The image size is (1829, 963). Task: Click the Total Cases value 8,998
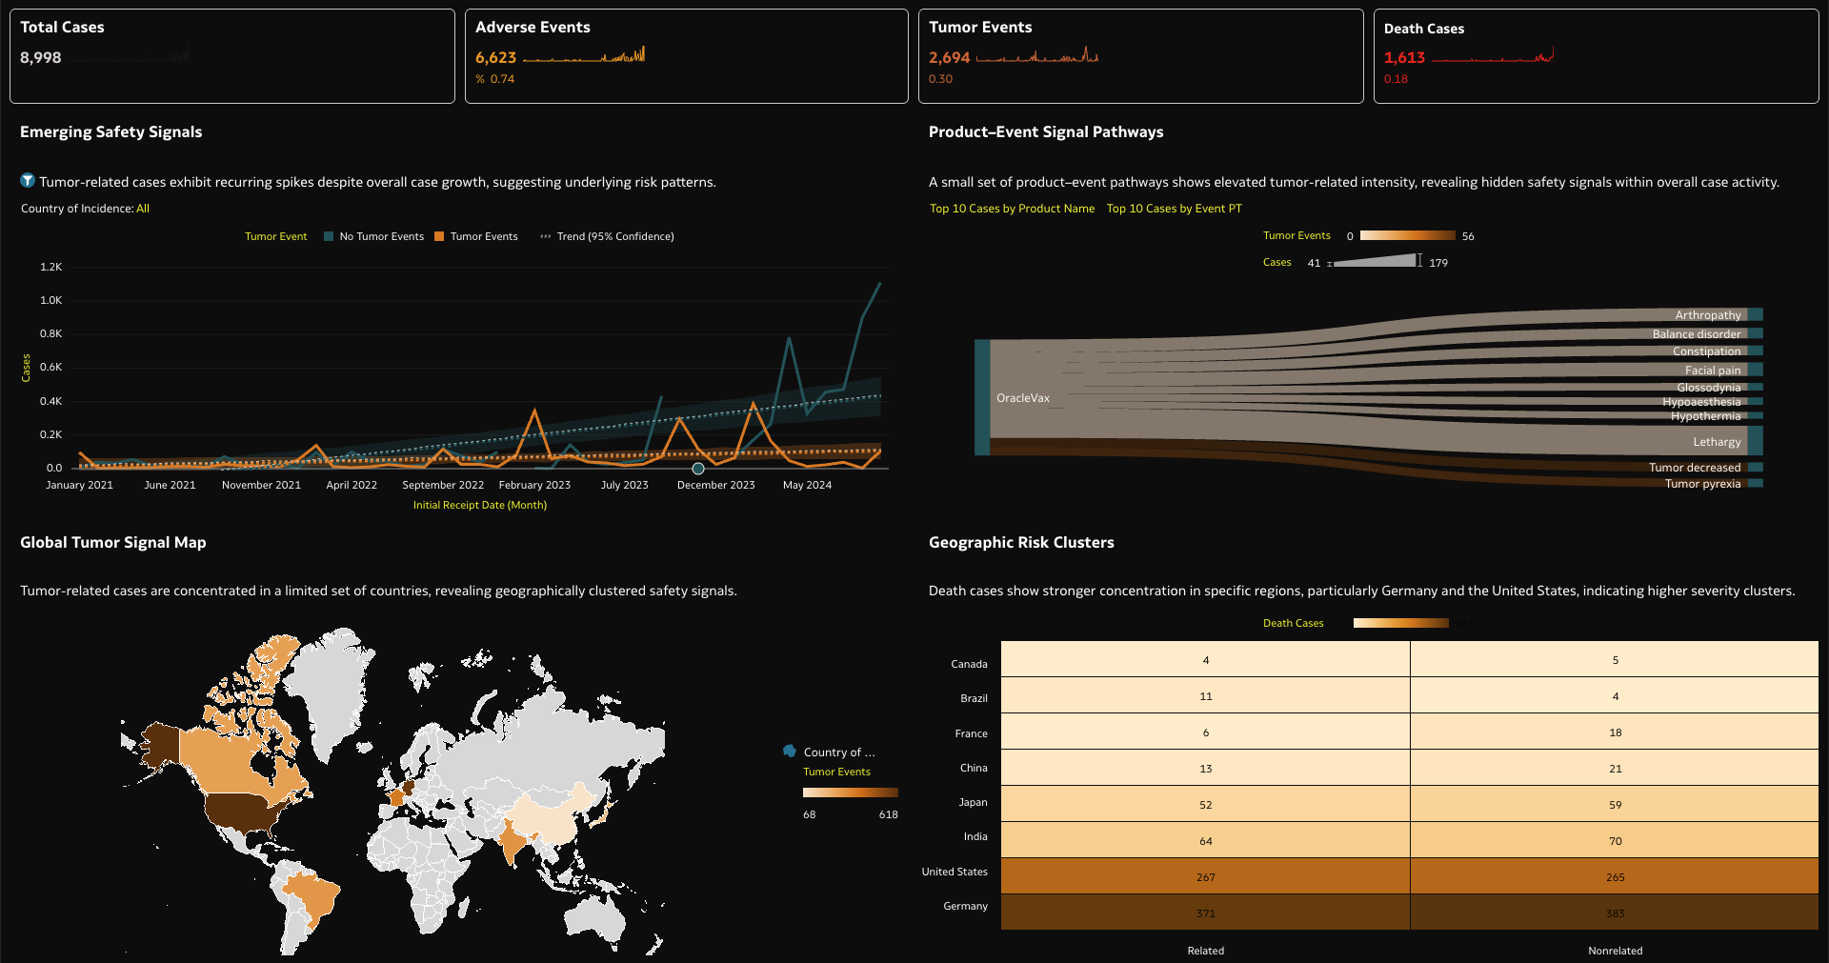tap(41, 58)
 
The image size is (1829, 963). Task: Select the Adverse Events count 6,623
tap(495, 58)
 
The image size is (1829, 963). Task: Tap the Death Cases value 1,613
tap(1404, 58)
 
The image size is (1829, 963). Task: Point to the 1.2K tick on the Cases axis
tap(51, 267)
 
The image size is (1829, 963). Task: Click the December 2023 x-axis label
tap(715, 485)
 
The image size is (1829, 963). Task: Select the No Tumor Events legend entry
tap(373, 236)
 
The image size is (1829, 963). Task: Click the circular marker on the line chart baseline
tap(698, 469)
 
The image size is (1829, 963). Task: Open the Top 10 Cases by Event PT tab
tap(1174, 209)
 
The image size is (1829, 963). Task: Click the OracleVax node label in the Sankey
tap(1022, 398)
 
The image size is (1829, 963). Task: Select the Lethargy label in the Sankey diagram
tap(1717, 442)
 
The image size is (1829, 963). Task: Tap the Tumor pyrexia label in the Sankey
tap(1702, 484)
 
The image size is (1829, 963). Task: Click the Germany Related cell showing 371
tap(1205, 913)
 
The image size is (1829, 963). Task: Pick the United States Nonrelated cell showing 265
tap(1615, 877)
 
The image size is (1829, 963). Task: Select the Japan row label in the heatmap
tap(973, 802)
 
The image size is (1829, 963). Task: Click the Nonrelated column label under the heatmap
tap(1615, 951)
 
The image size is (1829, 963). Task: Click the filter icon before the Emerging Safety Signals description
tap(28, 181)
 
